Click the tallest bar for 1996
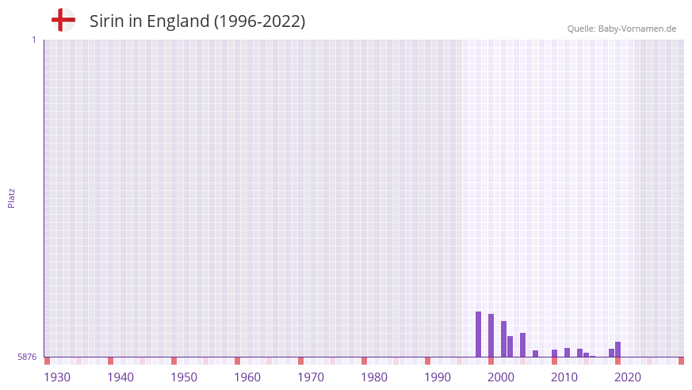pos(478,334)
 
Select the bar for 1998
pos(491,335)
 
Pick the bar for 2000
pos(503,338)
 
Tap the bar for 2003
pos(522,345)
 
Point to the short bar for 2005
pos(535,354)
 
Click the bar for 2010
pos(567,352)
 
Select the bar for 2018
pos(617,349)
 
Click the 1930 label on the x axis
pos(57,377)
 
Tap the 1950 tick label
pos(184,377)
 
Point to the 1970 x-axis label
pos(311,377)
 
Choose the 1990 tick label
pos(438,377)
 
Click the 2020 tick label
pos(628,377)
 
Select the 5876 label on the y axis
pos(27,357)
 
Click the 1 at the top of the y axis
pos(33,40)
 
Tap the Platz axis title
pos(11,197)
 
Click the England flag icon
pos(63,20)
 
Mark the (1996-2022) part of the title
pos(259,21)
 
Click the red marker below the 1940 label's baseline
pos(110,361)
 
